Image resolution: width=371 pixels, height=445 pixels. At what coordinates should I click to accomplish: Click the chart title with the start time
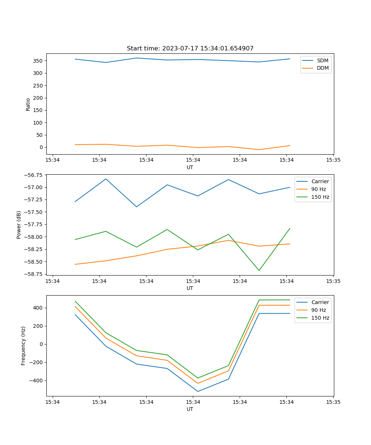190,49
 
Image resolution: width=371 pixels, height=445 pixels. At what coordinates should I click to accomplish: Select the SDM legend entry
322,60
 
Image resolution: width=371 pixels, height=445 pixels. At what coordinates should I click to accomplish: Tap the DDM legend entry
322,68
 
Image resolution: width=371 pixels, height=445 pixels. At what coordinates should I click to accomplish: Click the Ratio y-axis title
28,104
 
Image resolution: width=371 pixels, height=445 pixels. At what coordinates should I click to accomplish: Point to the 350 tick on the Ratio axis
38,61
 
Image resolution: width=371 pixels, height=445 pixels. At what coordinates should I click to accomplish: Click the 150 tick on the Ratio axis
38,110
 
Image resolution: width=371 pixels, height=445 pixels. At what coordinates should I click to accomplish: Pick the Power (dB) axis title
19,225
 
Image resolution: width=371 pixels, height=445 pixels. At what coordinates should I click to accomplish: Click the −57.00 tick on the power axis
34,187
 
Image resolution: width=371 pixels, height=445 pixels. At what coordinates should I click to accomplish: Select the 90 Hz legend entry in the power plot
319,189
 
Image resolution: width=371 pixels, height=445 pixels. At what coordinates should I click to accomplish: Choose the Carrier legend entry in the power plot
320,181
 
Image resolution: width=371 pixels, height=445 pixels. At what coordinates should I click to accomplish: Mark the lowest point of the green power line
259,270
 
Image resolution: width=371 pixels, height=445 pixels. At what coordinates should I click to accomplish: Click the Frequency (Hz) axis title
23,346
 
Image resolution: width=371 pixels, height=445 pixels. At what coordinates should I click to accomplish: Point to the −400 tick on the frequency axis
36,380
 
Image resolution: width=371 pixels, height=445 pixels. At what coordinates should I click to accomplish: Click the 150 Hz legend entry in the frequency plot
320,318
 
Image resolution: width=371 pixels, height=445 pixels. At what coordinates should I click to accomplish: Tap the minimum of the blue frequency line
198,391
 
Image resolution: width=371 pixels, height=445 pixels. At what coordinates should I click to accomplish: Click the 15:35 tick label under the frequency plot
333,402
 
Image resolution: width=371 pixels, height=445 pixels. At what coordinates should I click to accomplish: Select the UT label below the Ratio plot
190,167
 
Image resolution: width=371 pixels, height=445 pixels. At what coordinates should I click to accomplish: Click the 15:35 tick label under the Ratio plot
333,160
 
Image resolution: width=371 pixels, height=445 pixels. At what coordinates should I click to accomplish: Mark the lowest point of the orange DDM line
259,149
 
